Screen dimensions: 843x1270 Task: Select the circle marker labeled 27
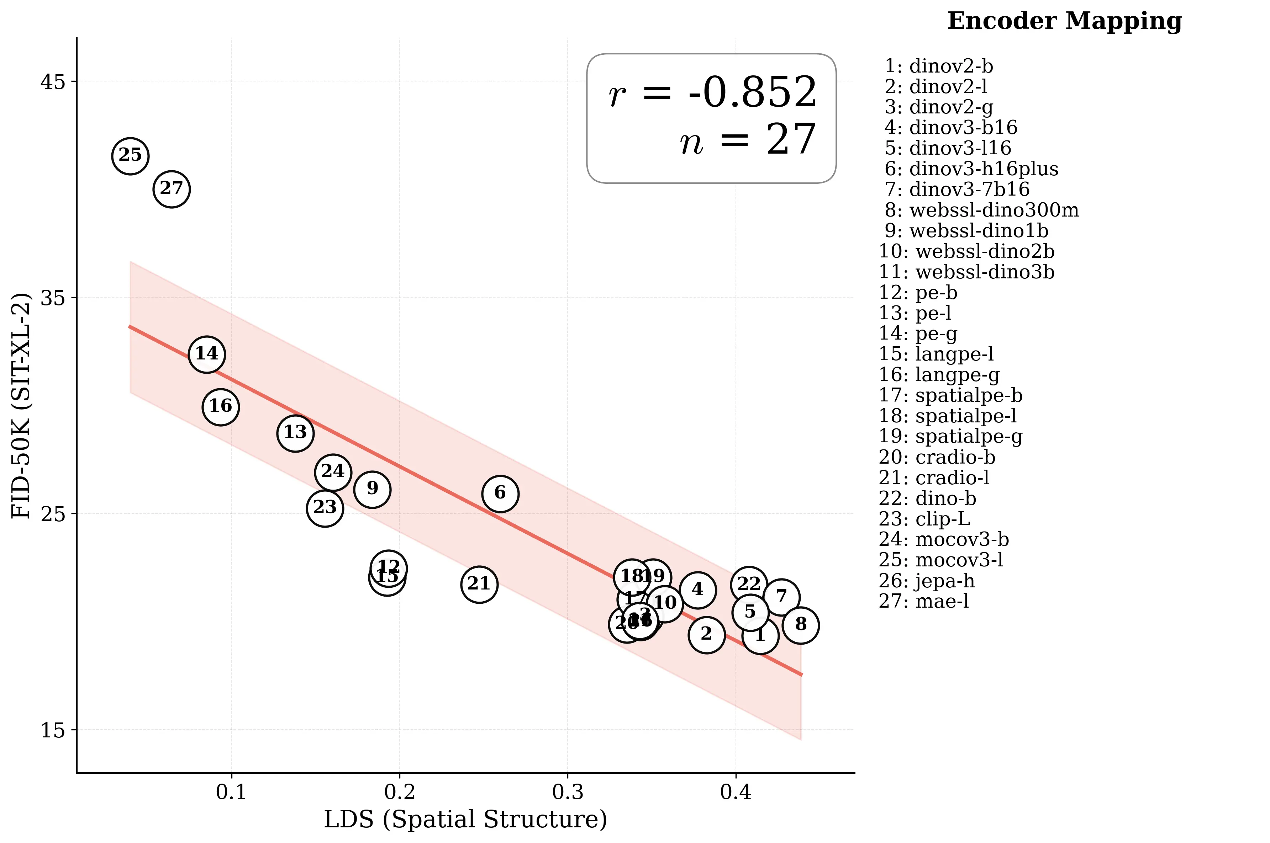[x=172, y=189]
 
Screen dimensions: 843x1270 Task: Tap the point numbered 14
[x=206, y=354]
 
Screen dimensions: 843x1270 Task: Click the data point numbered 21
[x=479, y=584]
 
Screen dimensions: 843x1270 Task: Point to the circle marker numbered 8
[x=800, y=625]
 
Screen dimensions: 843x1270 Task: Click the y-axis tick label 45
[x=52, y=82]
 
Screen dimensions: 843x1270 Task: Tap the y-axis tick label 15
[x=52, y=730]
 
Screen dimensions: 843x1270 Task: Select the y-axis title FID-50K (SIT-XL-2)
[x=21, y=406]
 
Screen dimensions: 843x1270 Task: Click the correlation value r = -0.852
[x=713, y=92]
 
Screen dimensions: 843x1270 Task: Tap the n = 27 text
[x=748, y=140]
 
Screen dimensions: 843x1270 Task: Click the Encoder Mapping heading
[x=1065, y=21]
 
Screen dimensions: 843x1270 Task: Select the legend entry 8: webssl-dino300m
[x=982, y=210]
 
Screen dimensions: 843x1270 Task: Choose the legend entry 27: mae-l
[x=923, y=602]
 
